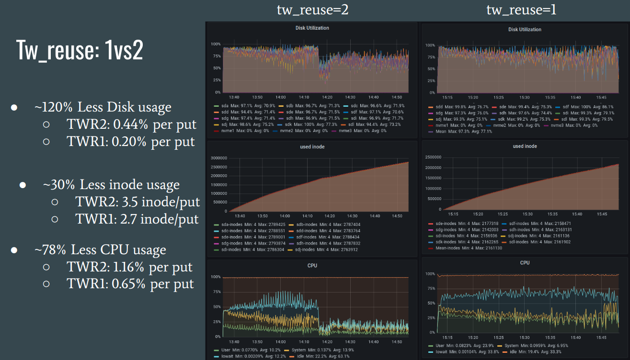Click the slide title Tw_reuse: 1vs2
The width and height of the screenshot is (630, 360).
pyautogui.click(x=80, y=49)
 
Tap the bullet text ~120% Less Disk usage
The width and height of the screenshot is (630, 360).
pyautogui.click(x=103, y=107)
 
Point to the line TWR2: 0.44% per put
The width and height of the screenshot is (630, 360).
pyautogui.click(x=131, y=124)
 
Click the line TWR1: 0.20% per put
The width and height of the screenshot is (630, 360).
pyautogui.click(x=130, y=142)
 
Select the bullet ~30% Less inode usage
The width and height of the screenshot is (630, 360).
pyautogui.click(x=111, y=185)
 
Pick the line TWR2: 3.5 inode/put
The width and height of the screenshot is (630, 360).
pyautogui.click(x=137, y=202)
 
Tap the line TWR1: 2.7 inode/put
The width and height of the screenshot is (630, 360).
pyautogui.click(x=137, y=219)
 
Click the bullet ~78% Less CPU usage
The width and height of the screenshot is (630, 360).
pyautogui.click(x=100, y=250)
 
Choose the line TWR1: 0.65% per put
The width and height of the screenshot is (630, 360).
pyautogui.click(x=130, y=284)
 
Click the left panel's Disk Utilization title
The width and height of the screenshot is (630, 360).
pyautogui.click(x=312, y=28)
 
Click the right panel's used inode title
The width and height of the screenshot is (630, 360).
pyautogui.click(x=525, y=146)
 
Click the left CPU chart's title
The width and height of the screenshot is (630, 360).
pyautogui.click(x=312, y=265)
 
